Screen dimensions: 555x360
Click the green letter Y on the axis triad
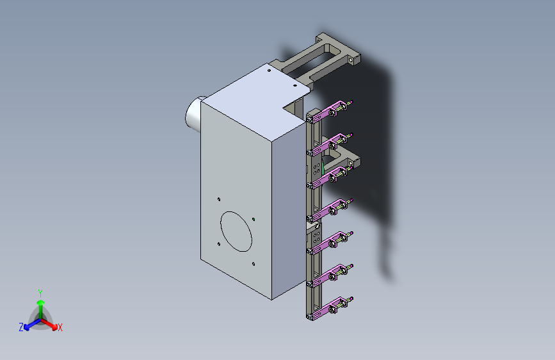(40, 293)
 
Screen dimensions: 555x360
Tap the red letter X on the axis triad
(60, 327)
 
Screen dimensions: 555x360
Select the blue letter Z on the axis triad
(21, 327)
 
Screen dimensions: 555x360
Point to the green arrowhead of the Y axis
(41, 302)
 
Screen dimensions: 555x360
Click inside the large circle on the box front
(236, 231)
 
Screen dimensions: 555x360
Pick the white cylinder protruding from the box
(193, 114)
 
